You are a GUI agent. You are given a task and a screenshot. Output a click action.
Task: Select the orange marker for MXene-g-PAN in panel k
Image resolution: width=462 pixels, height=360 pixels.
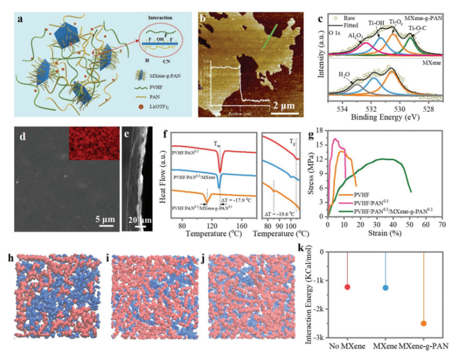423,324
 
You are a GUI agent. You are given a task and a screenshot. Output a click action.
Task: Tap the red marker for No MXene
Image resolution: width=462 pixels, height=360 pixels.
347,287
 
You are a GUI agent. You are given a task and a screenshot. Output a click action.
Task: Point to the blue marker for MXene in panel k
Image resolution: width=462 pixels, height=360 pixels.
385,288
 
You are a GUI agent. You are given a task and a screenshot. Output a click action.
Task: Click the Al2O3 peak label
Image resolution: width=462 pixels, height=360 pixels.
355,36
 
